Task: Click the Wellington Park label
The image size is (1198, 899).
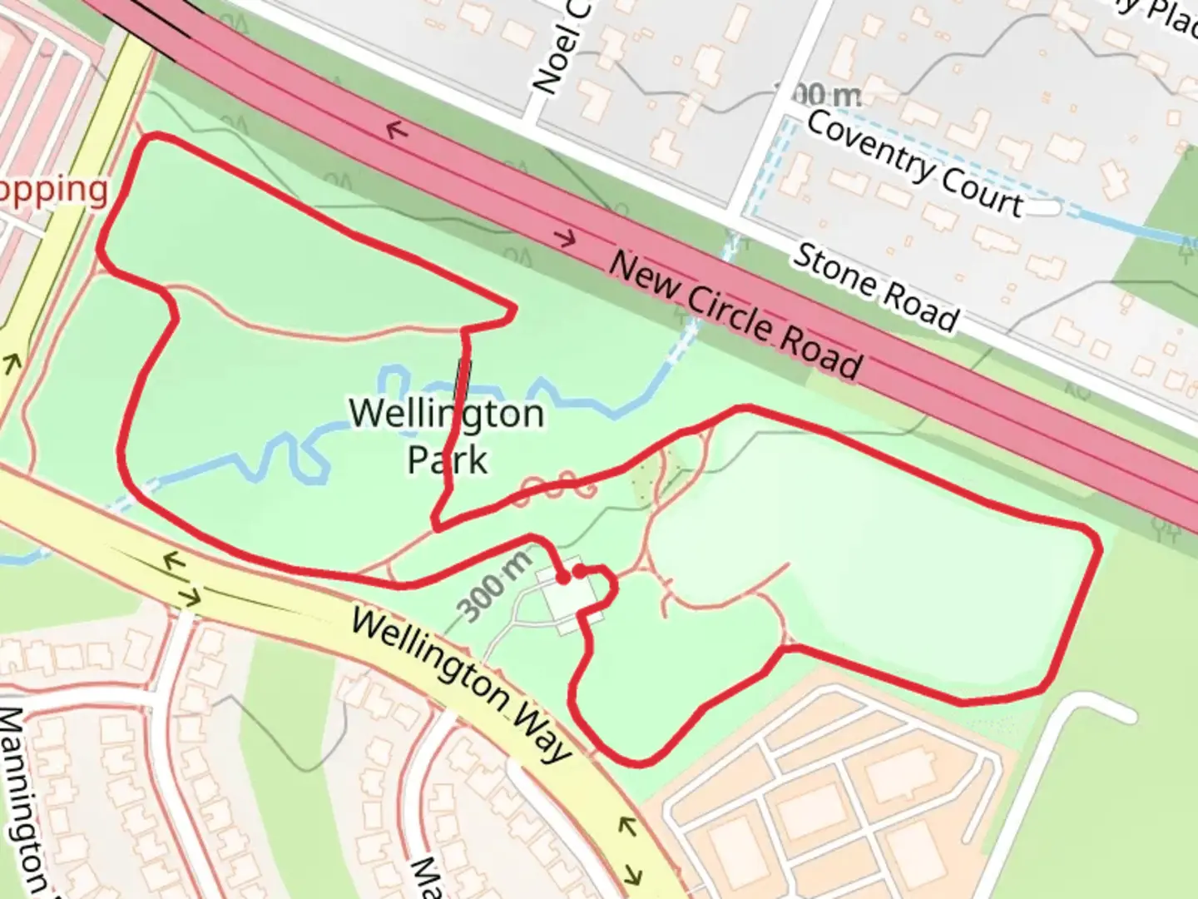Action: coord(447,435)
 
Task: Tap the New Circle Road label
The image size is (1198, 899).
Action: coord(735,315)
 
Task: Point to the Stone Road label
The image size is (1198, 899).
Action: coord(875,286)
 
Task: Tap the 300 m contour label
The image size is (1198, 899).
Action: coord(496,588)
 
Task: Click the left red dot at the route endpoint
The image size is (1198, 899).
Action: coord(562,577)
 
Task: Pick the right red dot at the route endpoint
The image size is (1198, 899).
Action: coord(579,571)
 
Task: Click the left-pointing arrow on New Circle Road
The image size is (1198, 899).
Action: coord(397,130)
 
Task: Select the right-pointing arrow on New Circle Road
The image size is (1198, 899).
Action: coord(566,239)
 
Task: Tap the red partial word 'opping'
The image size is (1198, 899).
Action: coord(54,190)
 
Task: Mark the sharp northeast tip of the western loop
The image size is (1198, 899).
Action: coord(515,310)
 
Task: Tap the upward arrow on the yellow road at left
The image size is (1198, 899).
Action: coord(12,363)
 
